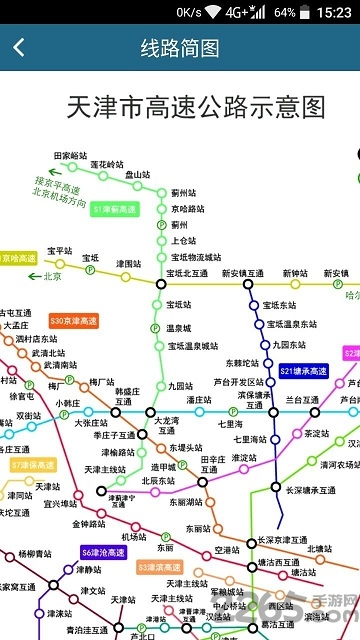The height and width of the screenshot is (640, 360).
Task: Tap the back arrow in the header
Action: click(x=19, y=48)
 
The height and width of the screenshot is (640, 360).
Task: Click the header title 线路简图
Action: click(x=180, y=48)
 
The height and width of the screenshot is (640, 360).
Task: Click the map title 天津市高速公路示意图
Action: click(x=196, y=107)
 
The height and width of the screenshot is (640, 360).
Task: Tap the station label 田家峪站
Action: click(x=71, y=156)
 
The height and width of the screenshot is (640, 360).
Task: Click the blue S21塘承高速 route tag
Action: click(x=304, y=371)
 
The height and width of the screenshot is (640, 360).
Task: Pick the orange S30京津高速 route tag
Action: click(x=74, y=321)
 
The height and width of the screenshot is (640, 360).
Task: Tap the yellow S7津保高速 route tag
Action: click(x=33, y=465)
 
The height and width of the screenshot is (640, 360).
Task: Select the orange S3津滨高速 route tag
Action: click(x=159, y=567)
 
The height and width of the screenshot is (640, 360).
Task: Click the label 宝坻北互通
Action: click(x=187, y=273)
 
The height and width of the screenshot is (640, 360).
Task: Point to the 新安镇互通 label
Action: click(x=243, y=273)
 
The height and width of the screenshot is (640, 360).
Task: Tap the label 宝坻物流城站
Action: click(x=195, y=257)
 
